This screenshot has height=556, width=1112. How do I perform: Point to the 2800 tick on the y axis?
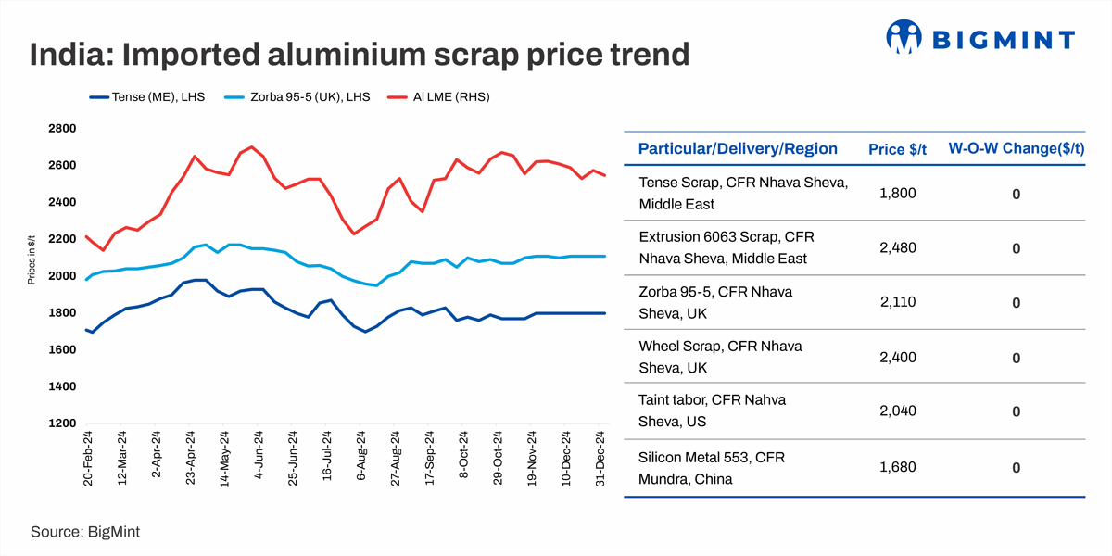(x=62, y=129)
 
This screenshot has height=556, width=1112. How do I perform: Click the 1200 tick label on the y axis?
(x=62, y=423)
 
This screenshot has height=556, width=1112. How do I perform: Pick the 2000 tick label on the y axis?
(x=62, y=276)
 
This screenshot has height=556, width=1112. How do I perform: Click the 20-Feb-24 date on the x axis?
(x=89, y=459)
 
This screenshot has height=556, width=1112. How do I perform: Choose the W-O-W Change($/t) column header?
(x=1016, y=149)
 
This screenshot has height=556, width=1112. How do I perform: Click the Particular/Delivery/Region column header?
(x=738, y=149)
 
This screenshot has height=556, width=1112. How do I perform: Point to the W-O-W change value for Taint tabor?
(x=1016, y=412)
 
